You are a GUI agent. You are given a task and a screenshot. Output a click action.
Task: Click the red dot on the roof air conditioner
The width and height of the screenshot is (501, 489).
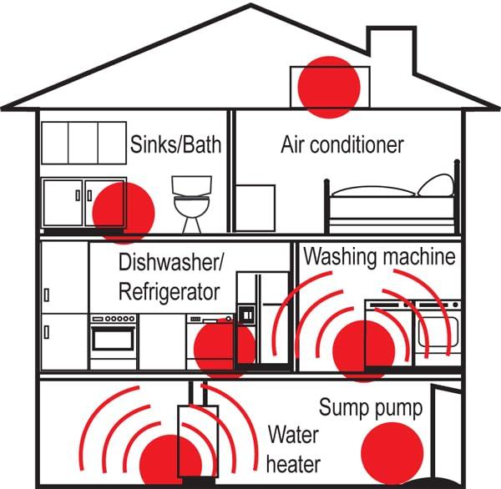[329, 86]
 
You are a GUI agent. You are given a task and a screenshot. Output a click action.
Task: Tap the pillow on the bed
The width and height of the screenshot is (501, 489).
[436, 185]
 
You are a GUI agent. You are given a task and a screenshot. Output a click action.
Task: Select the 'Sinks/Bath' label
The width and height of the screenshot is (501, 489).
[175, 144]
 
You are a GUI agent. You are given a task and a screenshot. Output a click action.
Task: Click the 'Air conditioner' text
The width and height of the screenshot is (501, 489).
[342, 144]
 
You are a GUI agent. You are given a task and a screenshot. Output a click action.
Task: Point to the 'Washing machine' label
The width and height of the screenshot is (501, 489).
[379, 255]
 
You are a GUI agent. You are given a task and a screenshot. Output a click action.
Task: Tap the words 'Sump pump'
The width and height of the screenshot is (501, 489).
[371, 408]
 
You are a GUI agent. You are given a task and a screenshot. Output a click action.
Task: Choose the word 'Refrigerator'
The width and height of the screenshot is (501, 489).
[170, 291]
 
